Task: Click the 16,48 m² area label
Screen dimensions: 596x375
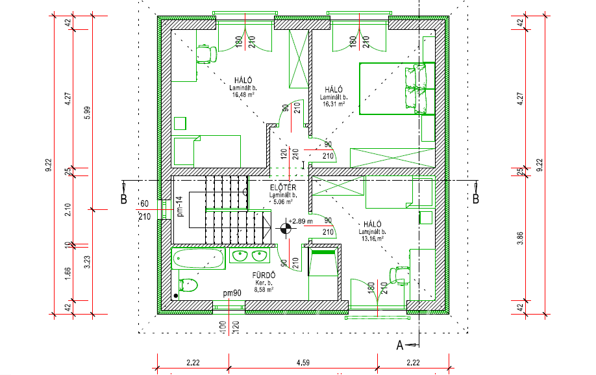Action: click(x=243, y=95)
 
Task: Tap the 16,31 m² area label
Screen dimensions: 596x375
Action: click(x=334, y=104)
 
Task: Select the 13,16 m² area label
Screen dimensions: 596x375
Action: click(x=372, y=239)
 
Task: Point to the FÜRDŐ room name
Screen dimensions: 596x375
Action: click(x=264, y=275)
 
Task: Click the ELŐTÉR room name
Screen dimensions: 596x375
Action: click(x=283, y=187)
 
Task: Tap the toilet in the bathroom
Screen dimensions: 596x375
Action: click(x=188, y=285)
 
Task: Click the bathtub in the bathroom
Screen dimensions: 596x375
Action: click(x=197, y=259)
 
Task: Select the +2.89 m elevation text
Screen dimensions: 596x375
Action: click(x=301, y=221)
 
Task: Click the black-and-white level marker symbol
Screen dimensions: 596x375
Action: click(x=286, y=229)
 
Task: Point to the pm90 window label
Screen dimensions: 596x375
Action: click(x=232, y=293)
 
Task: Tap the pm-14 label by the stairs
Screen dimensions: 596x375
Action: click(x=180, y=207)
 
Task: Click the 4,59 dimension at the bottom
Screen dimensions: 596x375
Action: click(x=303, y=363)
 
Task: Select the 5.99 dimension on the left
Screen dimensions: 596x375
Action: click(x=88, y=113)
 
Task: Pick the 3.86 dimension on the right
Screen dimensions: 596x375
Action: click(x=521, y=238)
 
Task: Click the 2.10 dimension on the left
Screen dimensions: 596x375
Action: click(x=68, y=210)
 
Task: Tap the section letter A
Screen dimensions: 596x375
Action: click(x=400, y=345)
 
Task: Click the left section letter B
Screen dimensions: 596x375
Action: click(x=123, y=200)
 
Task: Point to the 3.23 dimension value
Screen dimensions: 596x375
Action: click(x=88, y=262)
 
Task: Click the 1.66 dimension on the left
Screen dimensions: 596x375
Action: click(x=68, y=274)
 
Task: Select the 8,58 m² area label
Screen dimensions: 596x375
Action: click(x=264, y=290)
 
